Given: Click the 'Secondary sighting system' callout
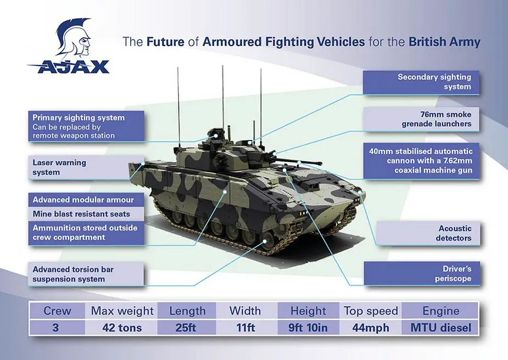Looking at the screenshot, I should click(420, 82).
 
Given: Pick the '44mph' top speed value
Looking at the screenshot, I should click(371, 328).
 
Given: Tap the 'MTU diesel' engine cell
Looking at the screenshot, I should click(441, 328).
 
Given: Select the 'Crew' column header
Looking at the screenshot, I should click(57, 311).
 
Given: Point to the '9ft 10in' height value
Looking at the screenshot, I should click(309, 328).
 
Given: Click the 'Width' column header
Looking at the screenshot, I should click(245, 311).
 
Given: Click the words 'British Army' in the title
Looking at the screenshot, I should click(444, 42).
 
